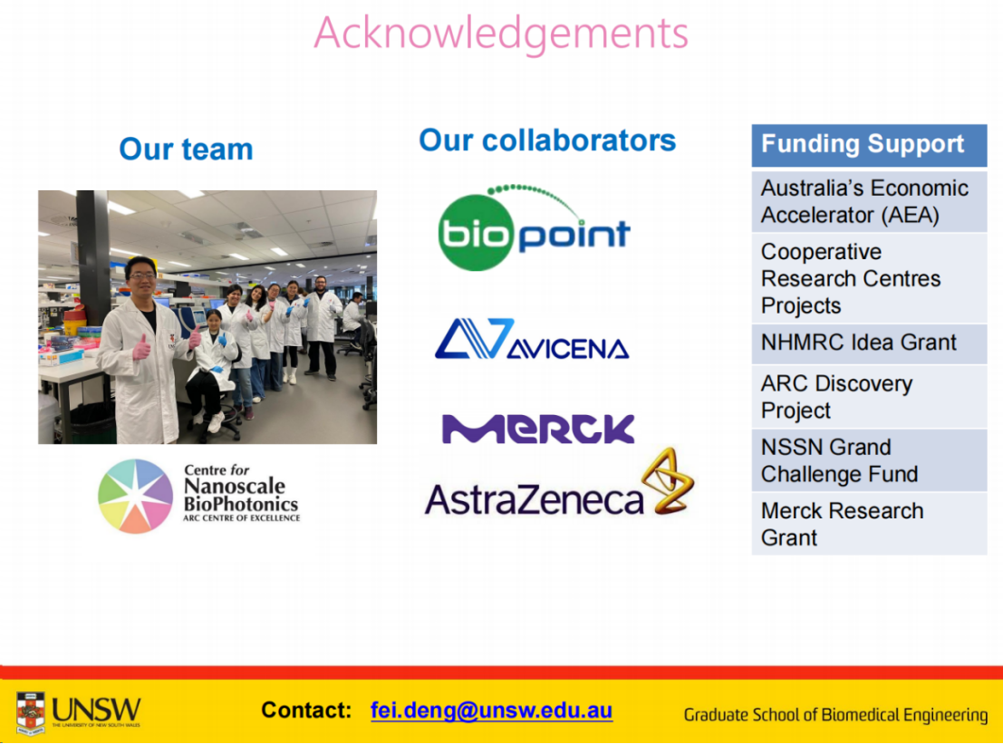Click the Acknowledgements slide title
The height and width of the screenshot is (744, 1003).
(501, 34)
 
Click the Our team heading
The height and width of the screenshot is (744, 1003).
(186, 149)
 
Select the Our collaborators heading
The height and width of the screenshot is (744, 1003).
(547, 140)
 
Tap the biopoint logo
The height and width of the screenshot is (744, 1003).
(535, 228)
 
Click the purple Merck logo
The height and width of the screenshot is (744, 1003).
(538, 428)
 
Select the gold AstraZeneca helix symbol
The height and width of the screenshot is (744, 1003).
(668, 480)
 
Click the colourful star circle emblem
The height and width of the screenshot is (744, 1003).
(136, 496)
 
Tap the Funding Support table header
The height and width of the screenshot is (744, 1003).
(869, 145)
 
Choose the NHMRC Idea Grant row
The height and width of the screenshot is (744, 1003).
(869, 343)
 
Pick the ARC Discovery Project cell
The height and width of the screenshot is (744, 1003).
(869, 397)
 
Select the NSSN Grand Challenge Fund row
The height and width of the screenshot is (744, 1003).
(869, 460)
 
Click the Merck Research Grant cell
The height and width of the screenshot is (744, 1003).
(869, 524)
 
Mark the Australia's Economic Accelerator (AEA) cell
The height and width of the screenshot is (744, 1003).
(869, 201)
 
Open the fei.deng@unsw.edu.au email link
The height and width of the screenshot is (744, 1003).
(491, 710)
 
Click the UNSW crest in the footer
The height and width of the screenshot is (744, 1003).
(31, 712)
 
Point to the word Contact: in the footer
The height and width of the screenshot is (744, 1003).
(306, 710)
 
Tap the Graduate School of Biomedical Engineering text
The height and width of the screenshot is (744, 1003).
(835, 715)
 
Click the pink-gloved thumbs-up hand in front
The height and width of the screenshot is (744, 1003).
(141, 347)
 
